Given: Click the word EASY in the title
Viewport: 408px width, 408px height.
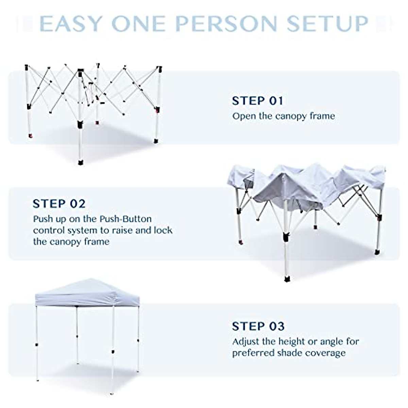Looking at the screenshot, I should [x=71, y=23].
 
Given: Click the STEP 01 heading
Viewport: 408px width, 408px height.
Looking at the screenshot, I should [x=257, y=101].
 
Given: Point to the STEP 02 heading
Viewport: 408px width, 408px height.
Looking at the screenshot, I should [x=59, y=204].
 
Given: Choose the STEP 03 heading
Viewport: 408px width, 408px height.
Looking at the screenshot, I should [x=258, y=326].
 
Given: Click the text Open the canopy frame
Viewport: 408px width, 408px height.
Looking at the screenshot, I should [x=284, y=116].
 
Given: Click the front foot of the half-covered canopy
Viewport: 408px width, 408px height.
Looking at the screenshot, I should [x=287, y=279].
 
